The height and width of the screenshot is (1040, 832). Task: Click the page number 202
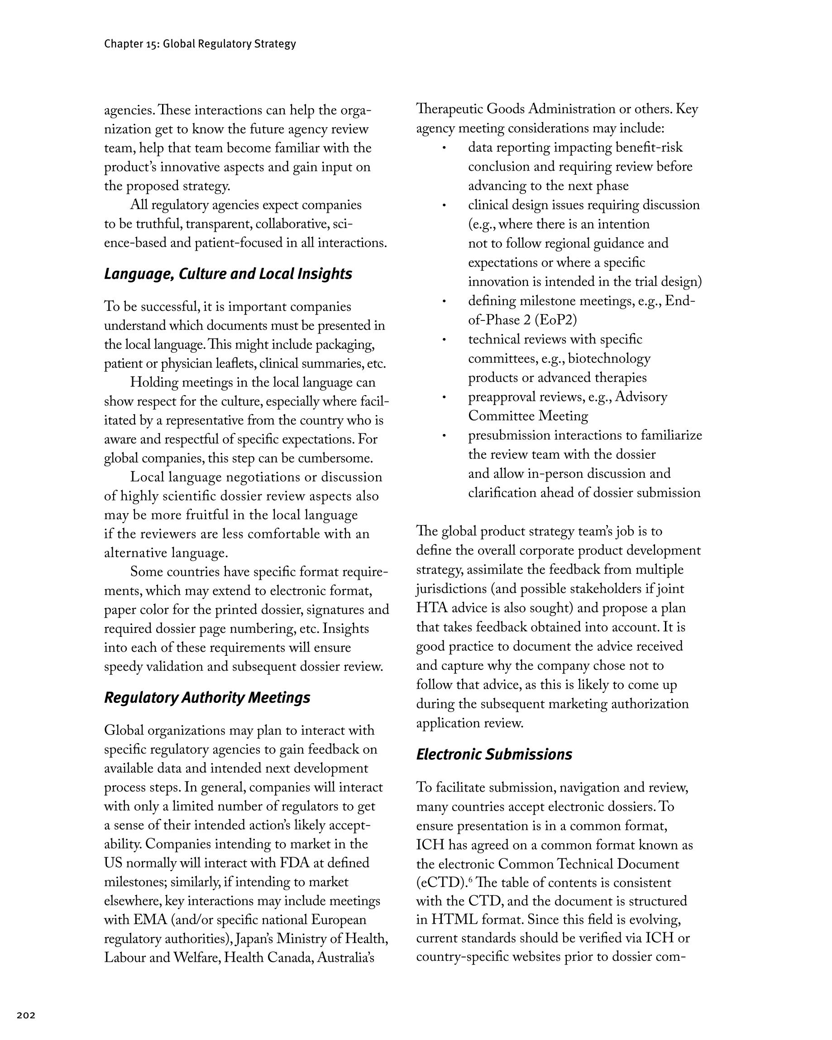coord(26,1016)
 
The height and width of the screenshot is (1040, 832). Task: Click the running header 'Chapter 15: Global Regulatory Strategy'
coord(200,44)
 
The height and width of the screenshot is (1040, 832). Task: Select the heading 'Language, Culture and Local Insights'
coord(228,274)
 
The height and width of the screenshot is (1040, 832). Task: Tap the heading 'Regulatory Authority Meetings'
coord(207,697)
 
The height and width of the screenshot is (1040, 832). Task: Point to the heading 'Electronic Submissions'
coord(494,754)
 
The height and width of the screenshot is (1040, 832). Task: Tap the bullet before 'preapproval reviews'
coord(444,397)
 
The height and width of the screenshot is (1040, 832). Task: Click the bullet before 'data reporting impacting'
coord(444,148)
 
